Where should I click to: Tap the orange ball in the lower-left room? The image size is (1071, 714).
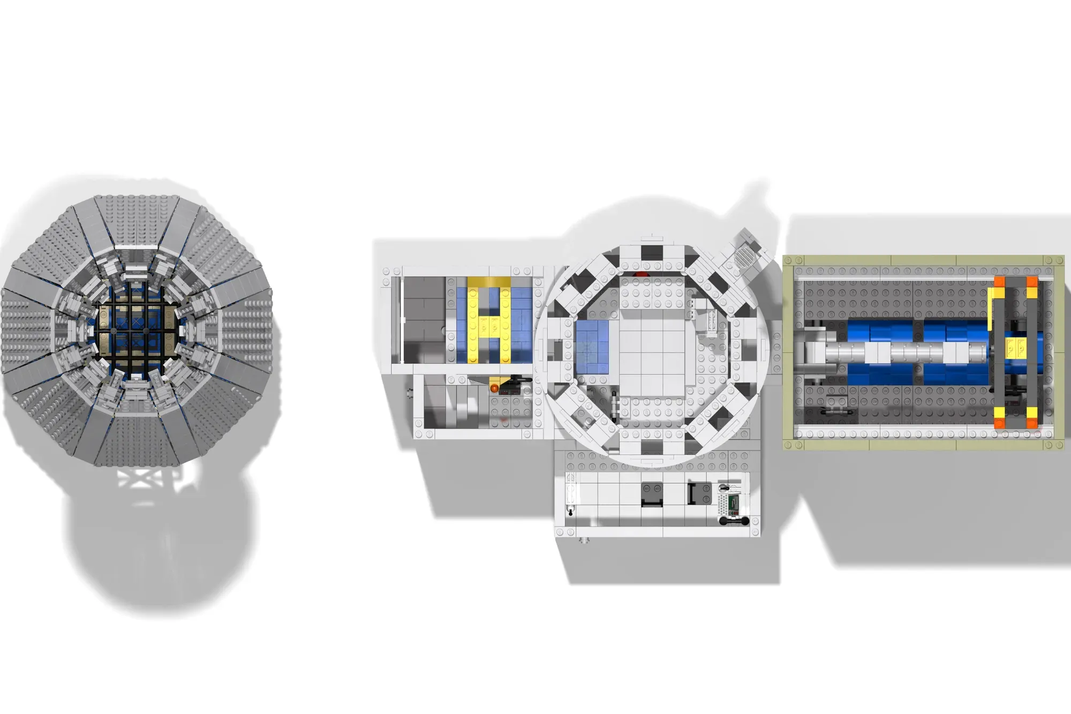coord(494,387)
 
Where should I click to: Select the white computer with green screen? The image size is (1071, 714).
coord(730,502)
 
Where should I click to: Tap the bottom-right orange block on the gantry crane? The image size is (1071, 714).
coord(1032,423)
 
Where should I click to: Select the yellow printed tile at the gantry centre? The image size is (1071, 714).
coord(1016,348)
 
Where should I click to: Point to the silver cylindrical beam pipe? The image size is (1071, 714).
coord(900,352)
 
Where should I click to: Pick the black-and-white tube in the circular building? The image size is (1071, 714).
coord(614,403)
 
